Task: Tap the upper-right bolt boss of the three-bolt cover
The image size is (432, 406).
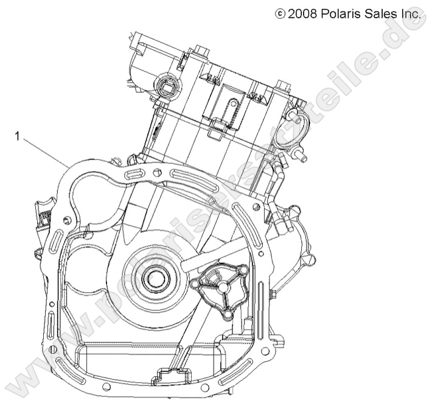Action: pos(243,268)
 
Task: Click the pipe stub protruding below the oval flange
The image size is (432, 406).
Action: pos(299,156)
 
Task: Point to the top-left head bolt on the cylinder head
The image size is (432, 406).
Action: pos(201,49)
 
